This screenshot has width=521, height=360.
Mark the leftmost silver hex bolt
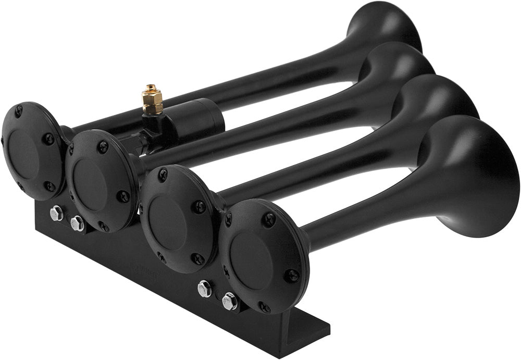click(56, 213)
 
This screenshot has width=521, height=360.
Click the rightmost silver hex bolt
click(229, 301)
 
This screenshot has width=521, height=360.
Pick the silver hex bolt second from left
click(77, 224)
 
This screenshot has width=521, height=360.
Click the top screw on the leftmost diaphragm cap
click(19, 111)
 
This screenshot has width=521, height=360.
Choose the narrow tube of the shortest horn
click(365, 208)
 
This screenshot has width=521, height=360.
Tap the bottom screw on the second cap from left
click(104, 226)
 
